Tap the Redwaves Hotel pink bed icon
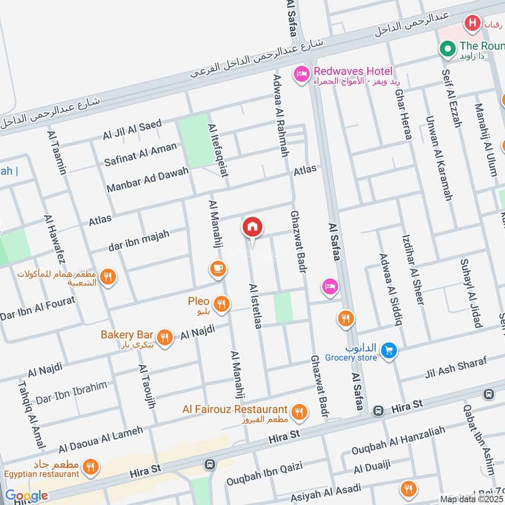point(300,75)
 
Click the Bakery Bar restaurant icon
point(165,338)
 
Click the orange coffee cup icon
point(217,269)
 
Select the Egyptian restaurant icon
point(92,467)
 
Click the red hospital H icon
point(471,24)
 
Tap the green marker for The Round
point(448,47)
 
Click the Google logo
point(26,496)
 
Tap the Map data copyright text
point(472,499)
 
